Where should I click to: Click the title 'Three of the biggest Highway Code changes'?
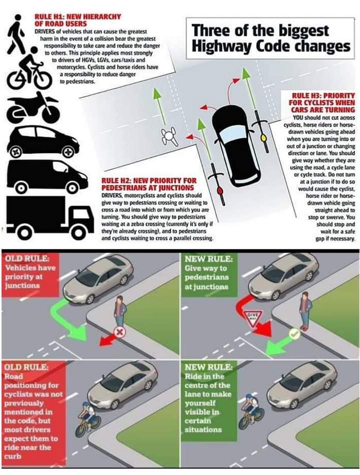[271, 38]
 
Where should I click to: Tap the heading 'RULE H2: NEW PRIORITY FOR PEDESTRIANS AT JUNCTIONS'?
[147, 184]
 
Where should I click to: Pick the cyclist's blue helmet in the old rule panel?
[85, 404]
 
